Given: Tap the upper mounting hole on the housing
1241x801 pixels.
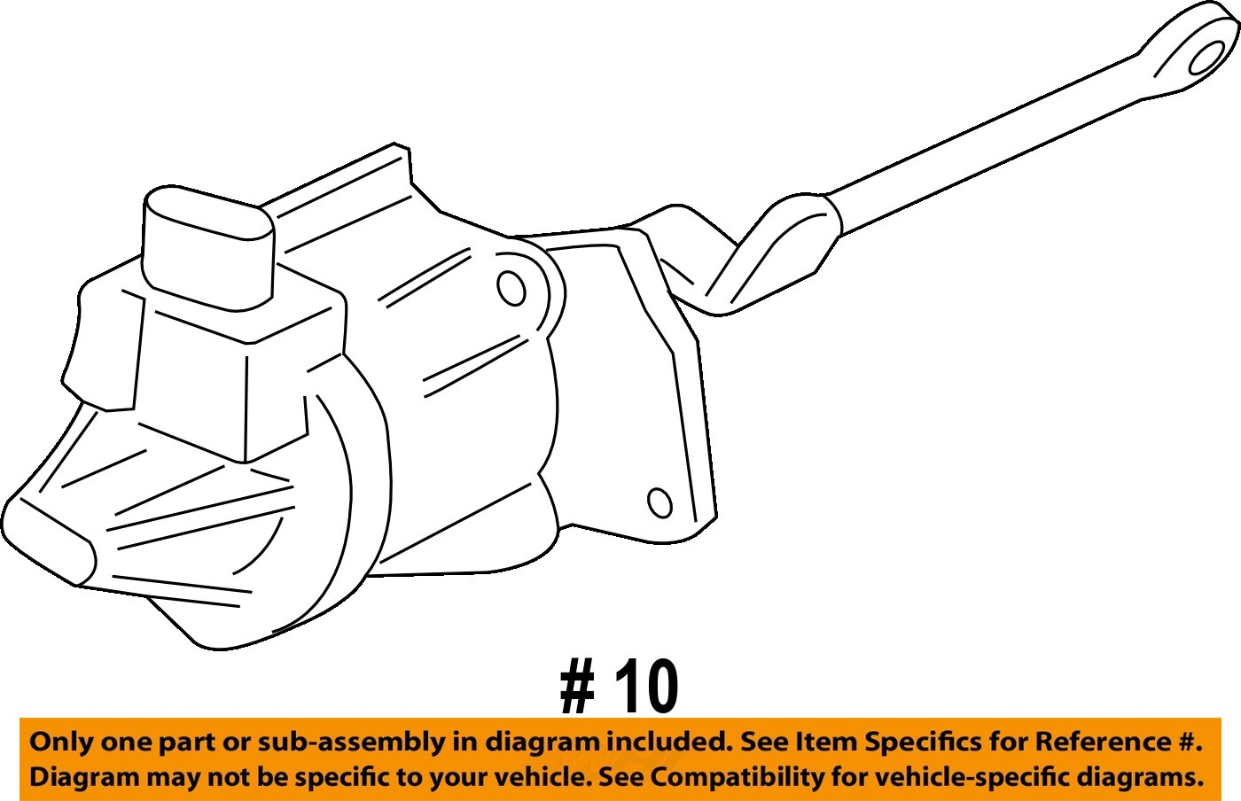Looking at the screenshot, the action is click(511, 288).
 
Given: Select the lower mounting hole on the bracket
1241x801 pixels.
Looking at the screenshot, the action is click(660, 503).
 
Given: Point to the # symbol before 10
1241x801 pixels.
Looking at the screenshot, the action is click(577, 688).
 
